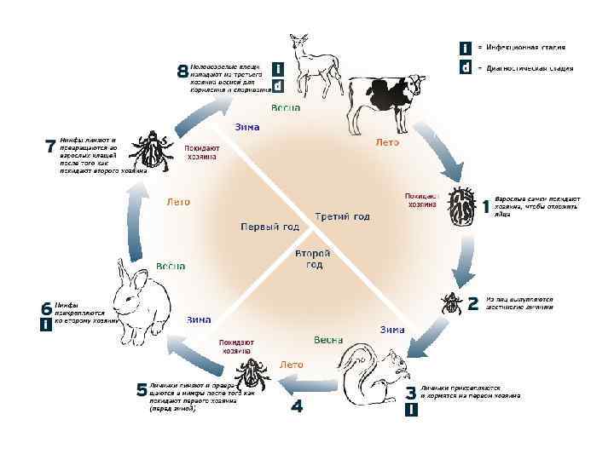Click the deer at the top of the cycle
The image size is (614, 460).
tap(304, 68)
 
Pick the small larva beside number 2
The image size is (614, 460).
tap(450, 303)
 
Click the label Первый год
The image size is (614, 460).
tap(269, 227)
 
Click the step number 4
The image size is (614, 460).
tap(297, 407)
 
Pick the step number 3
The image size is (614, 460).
tap(411, 394)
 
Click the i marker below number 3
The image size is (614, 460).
tap(411, 411)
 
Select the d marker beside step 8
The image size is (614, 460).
tap(278, 85)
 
